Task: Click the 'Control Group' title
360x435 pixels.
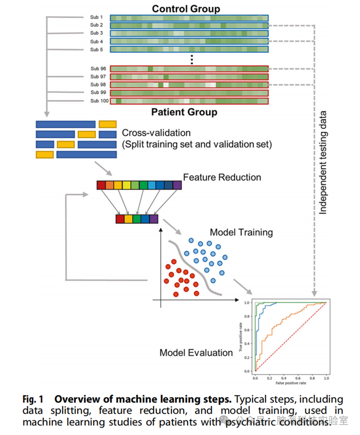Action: pyautogui.click(x=186, y=9)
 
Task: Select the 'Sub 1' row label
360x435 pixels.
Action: pyautogui.click(x=96, y=18)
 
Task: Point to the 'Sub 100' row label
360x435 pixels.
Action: pyautogui.click(x=99, y=101)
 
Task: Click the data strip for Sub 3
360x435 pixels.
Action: pyautogui.click(x=189, y=33)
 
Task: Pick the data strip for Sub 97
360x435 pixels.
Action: pyautogui.click(x=189, y=77)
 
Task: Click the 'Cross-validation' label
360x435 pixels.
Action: pyautogui.click(x=152, y=132)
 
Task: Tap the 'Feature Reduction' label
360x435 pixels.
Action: pyautogui.click(x=222, y=177)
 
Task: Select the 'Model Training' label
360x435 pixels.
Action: pyautogui.click(x=241, y=232)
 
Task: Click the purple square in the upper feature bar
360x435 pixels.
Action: pyautogui.click(x=177, y=185)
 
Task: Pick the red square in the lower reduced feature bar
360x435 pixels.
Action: pyautogui.click(x=120, y=219)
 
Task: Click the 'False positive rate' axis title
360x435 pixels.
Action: pyautogui.click(x=290, y=383)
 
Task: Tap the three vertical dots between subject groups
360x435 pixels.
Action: pyautogui.click(x=192, y=59)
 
